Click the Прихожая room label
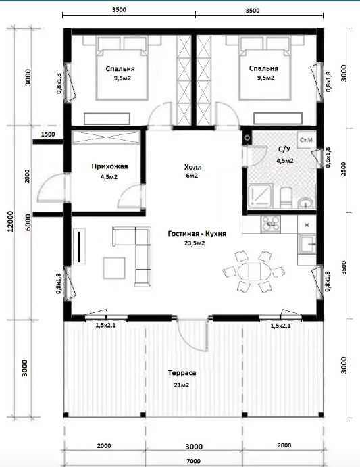tap(109, 166)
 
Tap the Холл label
tap(192, 167)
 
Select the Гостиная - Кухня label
tap(197, 234)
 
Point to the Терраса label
tap(182, 373)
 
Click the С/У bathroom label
tap(284, 149)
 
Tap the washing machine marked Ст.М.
tap(307, 139)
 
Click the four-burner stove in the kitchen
tap(270, 224)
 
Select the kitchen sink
tap(307, 244)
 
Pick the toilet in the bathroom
tap(287, 197)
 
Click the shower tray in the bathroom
tap(260, 196)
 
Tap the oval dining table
tap(254, 271)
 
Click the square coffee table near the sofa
tap(114, 268)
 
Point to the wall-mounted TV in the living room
tap(79, 246)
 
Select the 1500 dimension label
tap(48, 134)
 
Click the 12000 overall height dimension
tap(10, 221)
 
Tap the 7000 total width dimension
tap(194, 461)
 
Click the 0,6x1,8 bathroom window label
tap(328, 157)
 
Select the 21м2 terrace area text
tap(182, 385)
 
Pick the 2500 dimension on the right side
tap(344, 168)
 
